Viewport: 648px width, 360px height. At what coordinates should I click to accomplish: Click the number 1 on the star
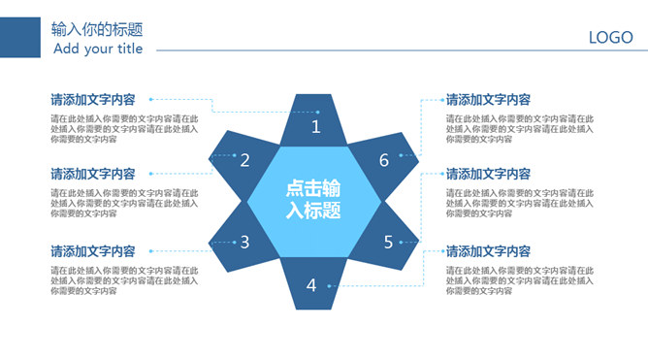[x=315, y=127]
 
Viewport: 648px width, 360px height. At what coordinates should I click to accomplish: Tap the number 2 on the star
[x=245, y=161]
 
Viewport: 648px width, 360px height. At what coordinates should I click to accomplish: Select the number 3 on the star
[x=245, y=243]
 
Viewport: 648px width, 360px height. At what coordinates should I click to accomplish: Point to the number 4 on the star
[x=311, y=285]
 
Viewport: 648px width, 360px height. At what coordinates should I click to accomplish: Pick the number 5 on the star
[x=388, y=243]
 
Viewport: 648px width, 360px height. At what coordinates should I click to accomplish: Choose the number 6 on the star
[x=384, y=161]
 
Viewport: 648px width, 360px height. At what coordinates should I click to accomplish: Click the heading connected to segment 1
[x=93, y=99]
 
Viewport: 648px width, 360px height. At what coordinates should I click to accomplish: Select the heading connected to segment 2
[x=93, y=175]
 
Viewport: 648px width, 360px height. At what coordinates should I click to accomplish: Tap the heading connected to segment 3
[x=93, y=251]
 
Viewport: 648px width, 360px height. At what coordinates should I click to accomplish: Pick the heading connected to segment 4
[x=488, y=251]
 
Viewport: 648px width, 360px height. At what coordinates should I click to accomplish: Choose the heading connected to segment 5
[x=488, y=175]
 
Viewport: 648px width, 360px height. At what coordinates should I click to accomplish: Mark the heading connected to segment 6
[x=488, y=99]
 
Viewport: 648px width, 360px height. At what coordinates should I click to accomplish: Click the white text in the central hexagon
[x=313, y=199]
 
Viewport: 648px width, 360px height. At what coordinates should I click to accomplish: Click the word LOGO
[x=610, y=38]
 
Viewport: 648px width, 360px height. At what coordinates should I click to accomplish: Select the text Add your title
[x=98, y=49]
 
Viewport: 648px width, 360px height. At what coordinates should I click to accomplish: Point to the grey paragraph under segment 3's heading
[x=124, y=280]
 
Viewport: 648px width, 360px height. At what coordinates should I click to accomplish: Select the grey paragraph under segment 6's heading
[x=519, y=128]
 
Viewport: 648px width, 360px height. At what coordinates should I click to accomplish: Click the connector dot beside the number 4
[x=329, y=285]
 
